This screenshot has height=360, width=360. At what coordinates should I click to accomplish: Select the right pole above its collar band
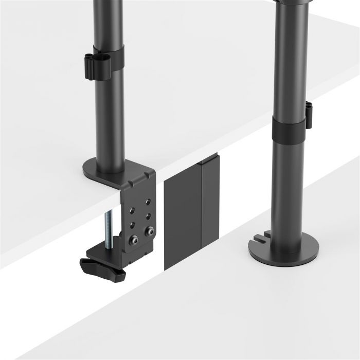click(x=291, y=62)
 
